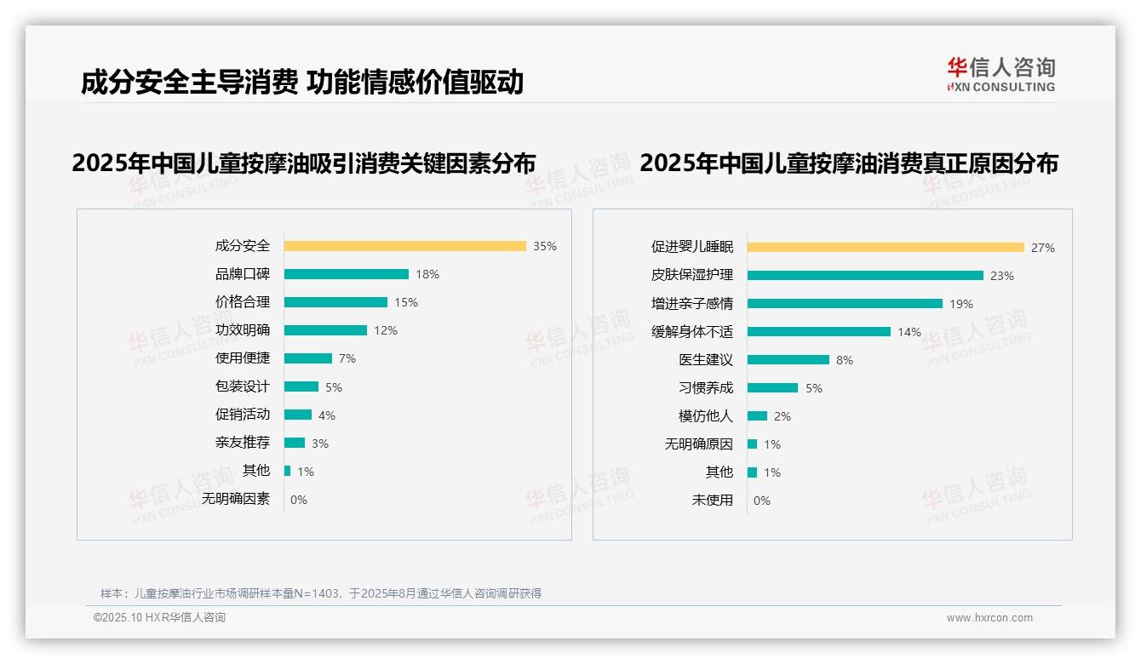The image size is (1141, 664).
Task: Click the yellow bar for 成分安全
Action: pyautogui.click(x=404, y=246)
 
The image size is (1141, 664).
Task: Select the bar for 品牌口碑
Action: pyautogui.click(x=346, y=274)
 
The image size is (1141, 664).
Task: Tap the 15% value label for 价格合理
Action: pyautogui.click(x=406, y=302)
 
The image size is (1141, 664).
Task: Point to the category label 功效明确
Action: pyautogui.click(x=242, y=330)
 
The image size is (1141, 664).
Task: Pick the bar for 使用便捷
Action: pyautogui.click(x=307, y=358)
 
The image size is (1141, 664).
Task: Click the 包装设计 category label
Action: pyautogui.click(x=242, y=386)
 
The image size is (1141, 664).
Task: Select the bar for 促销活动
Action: pyautogui.click(x=297, y=415)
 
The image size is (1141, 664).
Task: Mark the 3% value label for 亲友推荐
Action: pyautogui.click(x=319, y=444)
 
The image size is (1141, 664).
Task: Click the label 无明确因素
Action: pyautogui.click(x=236, y=499)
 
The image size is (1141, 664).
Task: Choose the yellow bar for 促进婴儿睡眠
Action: pyautogui.click(x=886, y=248)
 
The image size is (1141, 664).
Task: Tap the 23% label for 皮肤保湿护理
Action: pyautogui.click(x=1002, y=276)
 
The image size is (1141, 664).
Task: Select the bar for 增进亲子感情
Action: pyautogui.click(x=845, y=304)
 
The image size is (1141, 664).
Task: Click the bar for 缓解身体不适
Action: pyautogui.click(x=818, y=332)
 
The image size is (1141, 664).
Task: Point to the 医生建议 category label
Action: pyautogui.click(x=706, y=360)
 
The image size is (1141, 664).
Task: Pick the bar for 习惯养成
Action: pyautogui.click(x=772, y=388)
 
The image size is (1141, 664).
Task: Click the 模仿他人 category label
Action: pyautogui.click(x=706, y=416)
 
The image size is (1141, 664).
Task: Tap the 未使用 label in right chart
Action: pyautogui.click(x=713, y=501)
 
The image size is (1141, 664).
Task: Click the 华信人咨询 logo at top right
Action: pyautogui.click(x=1001, y=74)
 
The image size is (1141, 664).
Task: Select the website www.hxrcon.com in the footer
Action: pyautogui.click(x=989, y=618)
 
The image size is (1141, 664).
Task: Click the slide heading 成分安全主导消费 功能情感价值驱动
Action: pyautogui.click(x=302, y=83)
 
